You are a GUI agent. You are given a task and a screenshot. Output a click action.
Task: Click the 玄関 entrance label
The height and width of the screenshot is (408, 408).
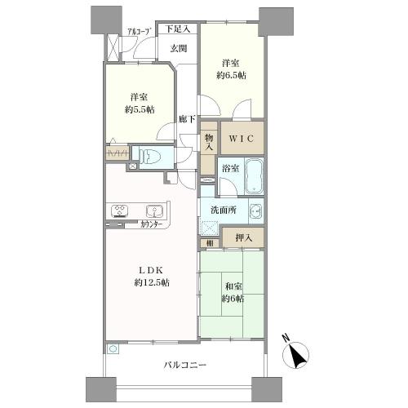pyautogui.click(x=178, y=48)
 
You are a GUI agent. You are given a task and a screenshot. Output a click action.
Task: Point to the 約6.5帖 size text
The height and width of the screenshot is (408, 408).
pyautogui.click(x=232, y=76)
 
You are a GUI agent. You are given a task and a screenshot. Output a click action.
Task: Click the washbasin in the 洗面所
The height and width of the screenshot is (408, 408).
pyautogui.click(x=256, y=211)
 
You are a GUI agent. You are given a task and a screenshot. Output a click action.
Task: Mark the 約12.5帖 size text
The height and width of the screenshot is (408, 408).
pyautogui.click(x=149, y=283)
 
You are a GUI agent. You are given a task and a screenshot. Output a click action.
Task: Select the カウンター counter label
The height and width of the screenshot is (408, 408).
pyautogui.click(x=149, y=224)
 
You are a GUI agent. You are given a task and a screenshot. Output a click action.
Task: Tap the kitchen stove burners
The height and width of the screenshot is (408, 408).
pyautogui.click(x=118, y=210)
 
